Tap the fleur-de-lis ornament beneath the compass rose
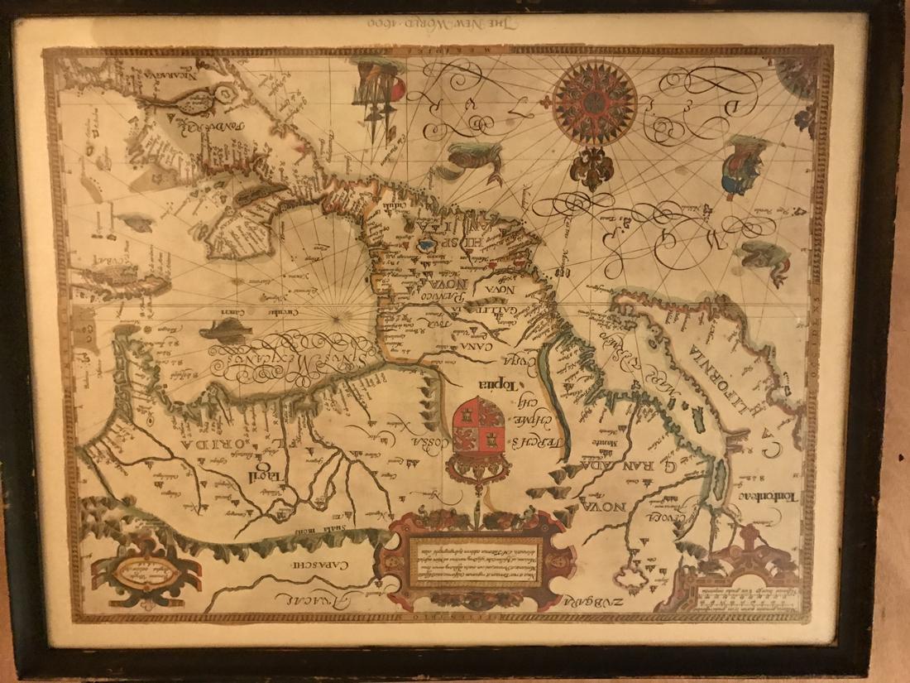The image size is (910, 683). [x=591, y=166]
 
